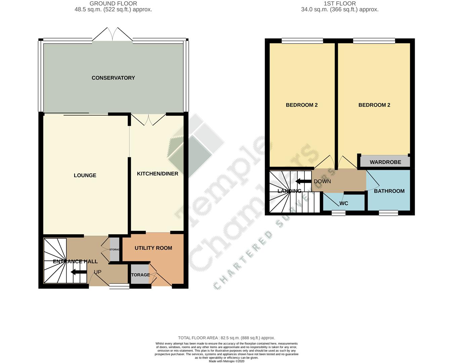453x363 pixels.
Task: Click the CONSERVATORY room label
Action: (x=113, y=78)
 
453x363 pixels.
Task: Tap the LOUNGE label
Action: (x=85, y=175)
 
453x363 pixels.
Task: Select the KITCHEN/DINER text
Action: (x=158, y=173)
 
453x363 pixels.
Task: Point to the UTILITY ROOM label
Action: (x=153, y=248)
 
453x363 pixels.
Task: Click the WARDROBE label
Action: (x=385, y=162)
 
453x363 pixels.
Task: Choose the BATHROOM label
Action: (x=389, y=191)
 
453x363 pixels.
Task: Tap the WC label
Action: (x=344, y=203)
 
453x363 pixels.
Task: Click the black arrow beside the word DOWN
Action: (x=303, y=182)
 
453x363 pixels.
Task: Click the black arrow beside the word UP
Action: (x=79, y=272)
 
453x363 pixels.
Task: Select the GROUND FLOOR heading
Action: (x=113, y=4)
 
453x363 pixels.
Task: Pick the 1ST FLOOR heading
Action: (x=340, y=4)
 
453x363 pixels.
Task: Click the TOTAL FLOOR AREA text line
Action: (x=226, y=338)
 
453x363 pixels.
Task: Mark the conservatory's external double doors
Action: (x=113, y=35)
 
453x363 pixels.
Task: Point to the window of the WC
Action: (x=338, y=213)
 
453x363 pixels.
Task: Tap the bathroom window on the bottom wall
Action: (x=388, y=213)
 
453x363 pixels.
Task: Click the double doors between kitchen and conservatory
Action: (x=149, y=120)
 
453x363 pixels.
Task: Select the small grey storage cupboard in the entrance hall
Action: (x=115, y=249)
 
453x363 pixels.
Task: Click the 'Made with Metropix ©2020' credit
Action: (x=226, y=361)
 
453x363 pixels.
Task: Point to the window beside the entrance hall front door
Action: (x=119, y=286)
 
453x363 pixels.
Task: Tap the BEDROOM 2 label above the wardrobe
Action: (x=374, y=105)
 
